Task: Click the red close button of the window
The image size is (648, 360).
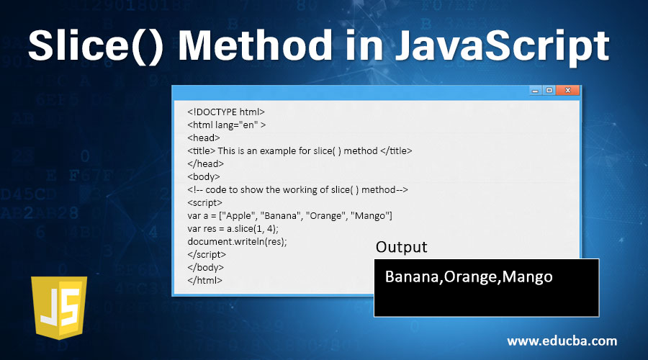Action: pos(568,91)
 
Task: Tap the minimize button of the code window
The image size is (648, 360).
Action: pos(535,91)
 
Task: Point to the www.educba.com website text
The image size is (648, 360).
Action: pos(562,341)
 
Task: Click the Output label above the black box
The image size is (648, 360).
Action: pos(401,247)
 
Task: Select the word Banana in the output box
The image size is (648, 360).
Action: pos(410,277)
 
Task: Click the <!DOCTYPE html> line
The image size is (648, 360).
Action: pos(226,112)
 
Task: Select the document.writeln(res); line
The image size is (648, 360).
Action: pos(237,242)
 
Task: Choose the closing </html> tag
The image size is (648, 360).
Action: pos(204,281)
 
